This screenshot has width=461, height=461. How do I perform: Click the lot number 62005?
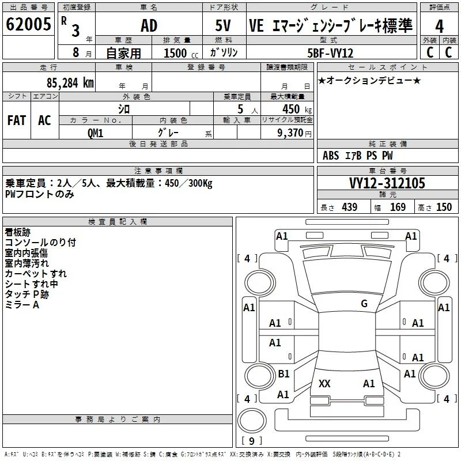click(x=28, y=24)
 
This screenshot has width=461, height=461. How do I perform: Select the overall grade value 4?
click(x=439, y=27)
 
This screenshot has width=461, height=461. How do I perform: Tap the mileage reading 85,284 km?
click(x=70, y=83)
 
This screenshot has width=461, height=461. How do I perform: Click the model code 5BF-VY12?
click(x=330, y=53)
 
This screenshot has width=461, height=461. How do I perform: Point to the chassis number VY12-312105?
click(x=387, y=183)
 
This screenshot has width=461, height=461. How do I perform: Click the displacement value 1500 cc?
click(x=181, y=53)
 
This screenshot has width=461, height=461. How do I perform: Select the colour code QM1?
click(x=95, y=133)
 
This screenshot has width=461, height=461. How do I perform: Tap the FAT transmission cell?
click(x=17, y=120)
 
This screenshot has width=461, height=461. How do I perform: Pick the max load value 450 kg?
click(x=297, y=109)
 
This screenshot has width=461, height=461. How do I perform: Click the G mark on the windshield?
click(x=364, y=304)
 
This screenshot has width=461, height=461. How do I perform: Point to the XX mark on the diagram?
click(x=324, y=383)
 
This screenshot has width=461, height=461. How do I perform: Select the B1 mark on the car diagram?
click(x=284, y=373)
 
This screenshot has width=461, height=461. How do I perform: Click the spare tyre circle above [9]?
click(x=252, y=421)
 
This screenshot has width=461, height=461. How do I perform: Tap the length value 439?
click(x=350, y=207)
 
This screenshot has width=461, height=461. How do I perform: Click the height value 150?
click(x=444, y=207)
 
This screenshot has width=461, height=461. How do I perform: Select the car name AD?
click(x=149, y=25)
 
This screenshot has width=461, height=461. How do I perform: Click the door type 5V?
click(x=223, y=25)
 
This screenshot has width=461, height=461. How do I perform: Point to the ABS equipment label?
click(x=331, y=156)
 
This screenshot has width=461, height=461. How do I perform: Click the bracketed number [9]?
click(x=252, y=441)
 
